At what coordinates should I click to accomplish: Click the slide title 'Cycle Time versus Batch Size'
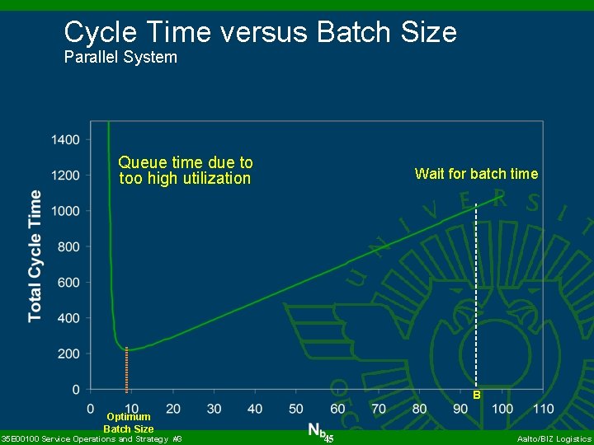click(x=260, y=32)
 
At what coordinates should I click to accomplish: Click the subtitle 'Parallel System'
click(x=120, y=58)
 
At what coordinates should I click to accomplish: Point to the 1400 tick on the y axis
click(x=65, y=139)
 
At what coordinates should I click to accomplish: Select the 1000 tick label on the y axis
click(x=65, y=211)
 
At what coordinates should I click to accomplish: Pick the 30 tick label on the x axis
click(x=214, y=408)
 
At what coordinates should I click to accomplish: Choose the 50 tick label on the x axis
click(x=296, y=408)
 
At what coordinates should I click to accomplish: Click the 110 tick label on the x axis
click(x=543, y=408)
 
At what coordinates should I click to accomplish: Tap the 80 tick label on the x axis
click(x=419, y=408)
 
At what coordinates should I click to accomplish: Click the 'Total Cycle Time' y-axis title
click(x=35, y=255)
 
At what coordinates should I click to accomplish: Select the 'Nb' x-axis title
click(x=317, y=429)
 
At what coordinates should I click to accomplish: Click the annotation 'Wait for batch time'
click(x=476, y=174)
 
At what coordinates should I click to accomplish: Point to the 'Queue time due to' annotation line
click(x=186, y=162)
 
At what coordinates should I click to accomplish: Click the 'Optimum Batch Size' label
click(x=128, y=423)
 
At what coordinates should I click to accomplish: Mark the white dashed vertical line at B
click(x=476, y=297)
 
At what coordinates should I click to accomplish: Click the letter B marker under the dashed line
click(x=477, y=396)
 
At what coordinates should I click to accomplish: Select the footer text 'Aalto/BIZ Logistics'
click(x=554, y=439)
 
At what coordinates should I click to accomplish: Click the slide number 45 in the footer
click(x=328, y=438)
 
